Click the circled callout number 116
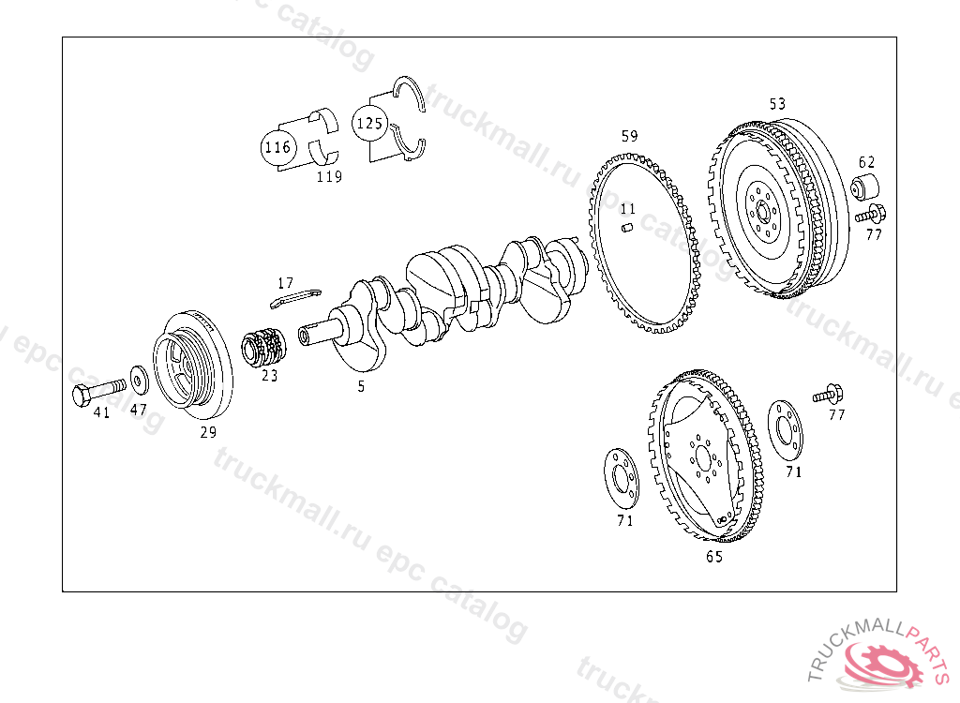[x=277, y=147]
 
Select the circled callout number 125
[x=369, y=123]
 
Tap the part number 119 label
[x=329, y=177]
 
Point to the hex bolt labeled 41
[x=98, y=391]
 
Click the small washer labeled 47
[x=140, y=381]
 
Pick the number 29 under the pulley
[x=208, y=432]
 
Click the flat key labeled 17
[x=295, y=297]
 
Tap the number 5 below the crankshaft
[x=361, y=386]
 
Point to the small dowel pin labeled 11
[x=627, y=229]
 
